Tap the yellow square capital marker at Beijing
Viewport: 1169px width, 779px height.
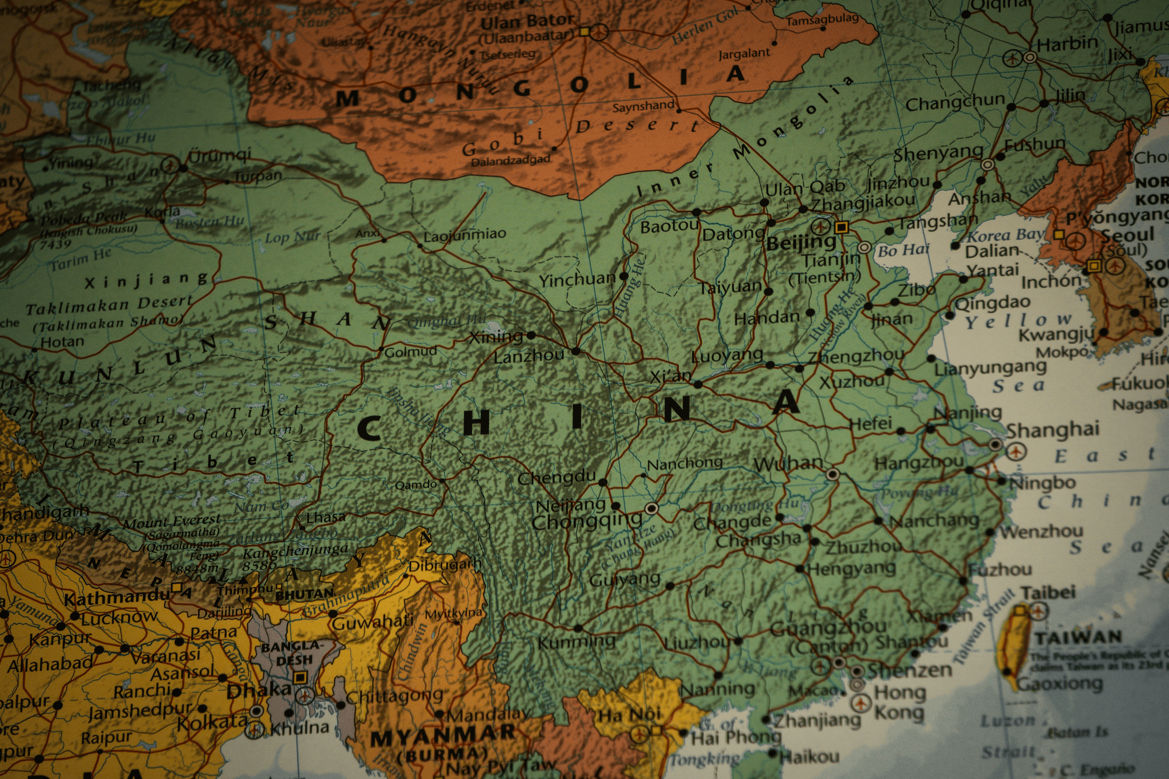pos(841,228)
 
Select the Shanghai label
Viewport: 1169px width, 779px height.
pos(1053,430)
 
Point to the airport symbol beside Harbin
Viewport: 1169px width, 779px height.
pos(1013,58)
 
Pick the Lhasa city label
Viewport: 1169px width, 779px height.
pos(326,518)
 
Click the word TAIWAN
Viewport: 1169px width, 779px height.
pos(1078,637)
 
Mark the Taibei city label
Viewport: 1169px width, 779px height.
pos(1048,592)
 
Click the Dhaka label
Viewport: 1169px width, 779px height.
pos(259,691)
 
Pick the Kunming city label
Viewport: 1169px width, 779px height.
pos(577,642)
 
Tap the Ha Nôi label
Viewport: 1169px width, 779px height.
pos(629,714)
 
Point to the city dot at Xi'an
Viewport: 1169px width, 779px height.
pos(698,385)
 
